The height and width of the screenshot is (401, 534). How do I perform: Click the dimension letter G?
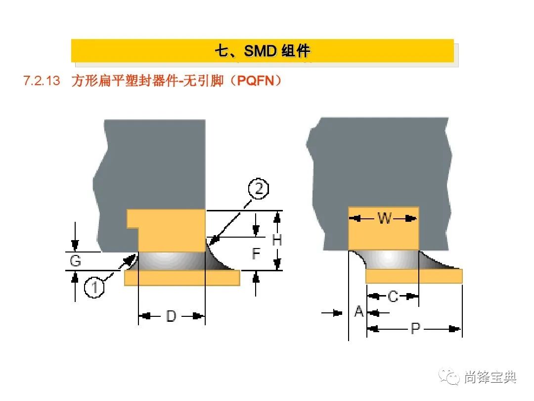76,261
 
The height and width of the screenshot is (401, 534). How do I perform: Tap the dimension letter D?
171,316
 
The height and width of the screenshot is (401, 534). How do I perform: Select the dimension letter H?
277,240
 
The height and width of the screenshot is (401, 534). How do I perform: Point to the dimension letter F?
256,254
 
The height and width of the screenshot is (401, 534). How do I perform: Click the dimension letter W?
384,218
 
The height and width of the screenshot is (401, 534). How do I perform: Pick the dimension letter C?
393,297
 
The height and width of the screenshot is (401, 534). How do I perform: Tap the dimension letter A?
359,312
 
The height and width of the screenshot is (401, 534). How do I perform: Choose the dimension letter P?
415,328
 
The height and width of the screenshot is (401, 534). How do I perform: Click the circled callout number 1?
94,287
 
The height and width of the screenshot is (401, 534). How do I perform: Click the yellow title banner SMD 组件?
262,50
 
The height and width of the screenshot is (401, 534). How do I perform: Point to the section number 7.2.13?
42,81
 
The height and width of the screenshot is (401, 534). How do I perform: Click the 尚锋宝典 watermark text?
490,377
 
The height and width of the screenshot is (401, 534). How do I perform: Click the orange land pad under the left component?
182,278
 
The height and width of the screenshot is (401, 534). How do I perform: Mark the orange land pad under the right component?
414,276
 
